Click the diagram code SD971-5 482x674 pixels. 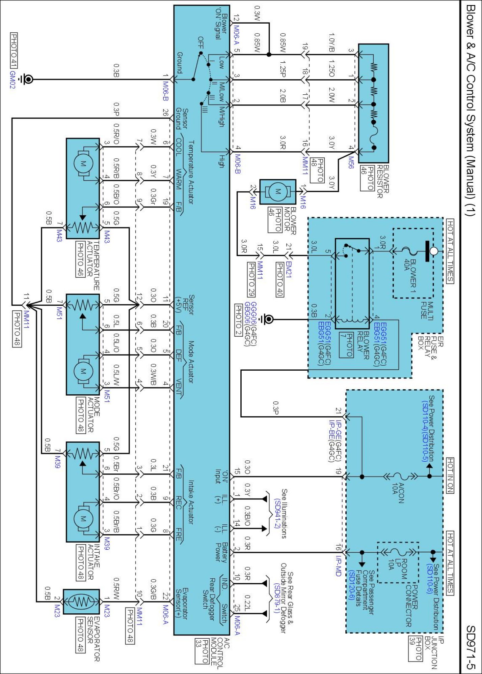point(471,647)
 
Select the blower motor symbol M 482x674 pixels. point(277,191)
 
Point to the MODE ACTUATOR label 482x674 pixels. point(93,415)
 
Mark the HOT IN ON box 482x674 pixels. point(450,475)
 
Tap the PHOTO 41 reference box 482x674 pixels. point(14,51)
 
